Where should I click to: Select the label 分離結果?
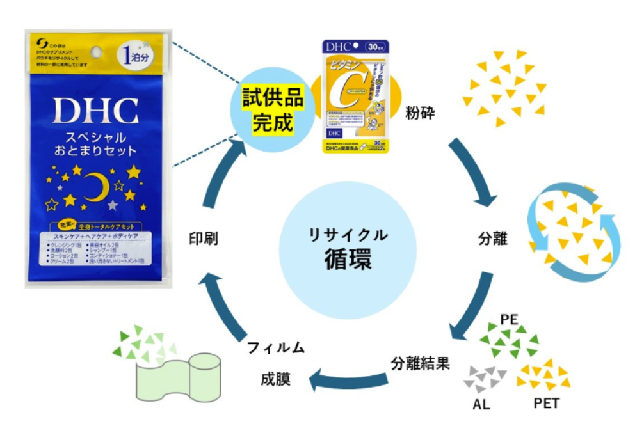[x=421, y=363]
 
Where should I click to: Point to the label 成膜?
[x=276, y=379]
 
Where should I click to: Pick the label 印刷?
[x=204, y=239]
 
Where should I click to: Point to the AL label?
[x=481, y=404]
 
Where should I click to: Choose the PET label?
[x=546, y=404]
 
